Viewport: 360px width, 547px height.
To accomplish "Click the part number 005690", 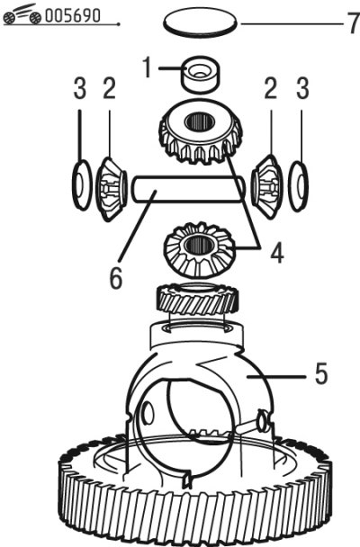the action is (73, 15).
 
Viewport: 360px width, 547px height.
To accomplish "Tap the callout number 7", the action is (353, 22).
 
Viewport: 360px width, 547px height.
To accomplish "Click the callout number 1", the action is (148, 67).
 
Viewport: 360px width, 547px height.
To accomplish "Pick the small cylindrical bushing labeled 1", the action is (201, 75).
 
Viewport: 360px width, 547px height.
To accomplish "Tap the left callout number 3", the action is (80, 88).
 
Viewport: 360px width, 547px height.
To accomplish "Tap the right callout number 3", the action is (302, 88).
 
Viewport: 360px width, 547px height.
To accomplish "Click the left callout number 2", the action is (109, 88).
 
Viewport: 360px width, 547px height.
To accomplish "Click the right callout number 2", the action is (271, 88).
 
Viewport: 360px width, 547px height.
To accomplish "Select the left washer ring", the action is (82, 185).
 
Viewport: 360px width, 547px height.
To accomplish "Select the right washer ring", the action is (299, 186).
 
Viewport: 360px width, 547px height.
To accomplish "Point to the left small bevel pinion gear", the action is (111, 189).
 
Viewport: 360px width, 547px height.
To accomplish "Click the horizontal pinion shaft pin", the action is (188, 189).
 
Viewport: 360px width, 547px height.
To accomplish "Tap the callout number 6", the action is (116, 278).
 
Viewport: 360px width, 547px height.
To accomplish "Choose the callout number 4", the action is (277, 253).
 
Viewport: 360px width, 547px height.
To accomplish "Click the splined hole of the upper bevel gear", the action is (199, 121).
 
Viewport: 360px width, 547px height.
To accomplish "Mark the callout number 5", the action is (321, 373).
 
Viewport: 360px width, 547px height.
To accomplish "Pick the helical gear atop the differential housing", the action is (198, 299).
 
